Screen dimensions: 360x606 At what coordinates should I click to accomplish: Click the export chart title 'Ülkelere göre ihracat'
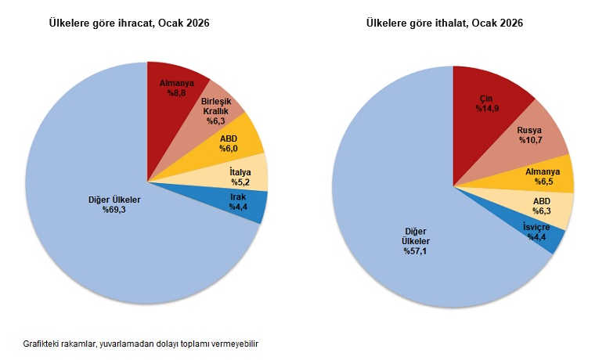pos(130,24)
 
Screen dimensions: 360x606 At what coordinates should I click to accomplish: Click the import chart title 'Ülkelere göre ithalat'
pos(445,24)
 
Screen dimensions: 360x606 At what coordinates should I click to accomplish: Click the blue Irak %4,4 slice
pos(242,203)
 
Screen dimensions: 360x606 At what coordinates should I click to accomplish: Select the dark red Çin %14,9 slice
pos(489,102)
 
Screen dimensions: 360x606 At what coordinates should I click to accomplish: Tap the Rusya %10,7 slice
pos(532,134)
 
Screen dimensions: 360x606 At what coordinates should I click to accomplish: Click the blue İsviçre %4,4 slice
pos(540,232)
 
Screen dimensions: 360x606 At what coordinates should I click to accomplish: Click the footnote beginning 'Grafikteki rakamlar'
pos(141,344)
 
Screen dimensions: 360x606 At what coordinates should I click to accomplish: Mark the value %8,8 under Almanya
pos(176,92)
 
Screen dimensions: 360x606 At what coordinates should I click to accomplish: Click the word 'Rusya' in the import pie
pos(532,129)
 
